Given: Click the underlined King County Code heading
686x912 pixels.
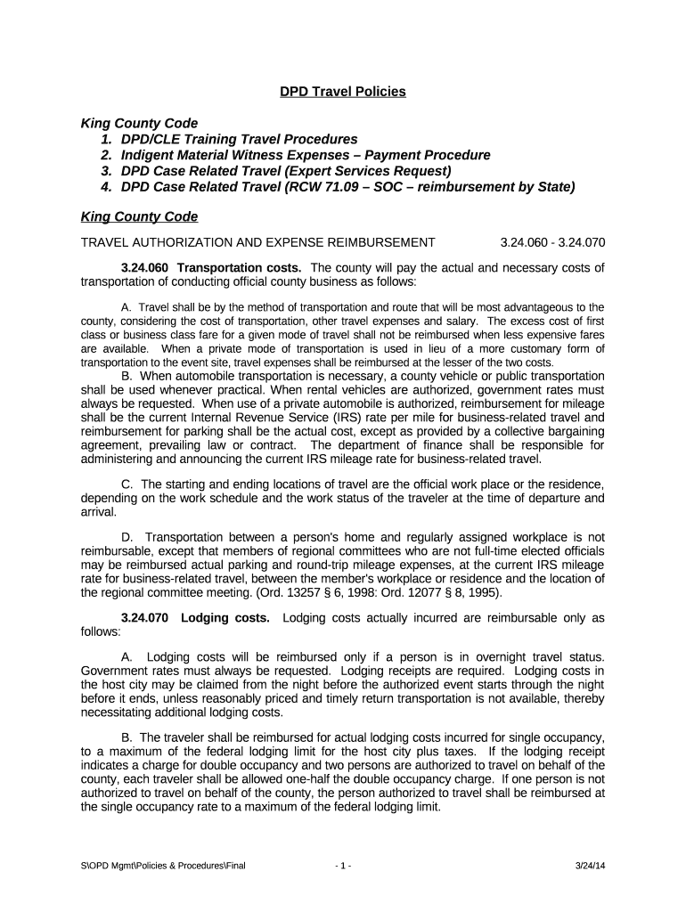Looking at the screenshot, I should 139,216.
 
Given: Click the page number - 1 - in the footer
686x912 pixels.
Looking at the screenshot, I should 343,866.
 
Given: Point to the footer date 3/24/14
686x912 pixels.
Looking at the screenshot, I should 590,866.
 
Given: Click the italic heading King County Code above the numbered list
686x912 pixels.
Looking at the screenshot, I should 139,123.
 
